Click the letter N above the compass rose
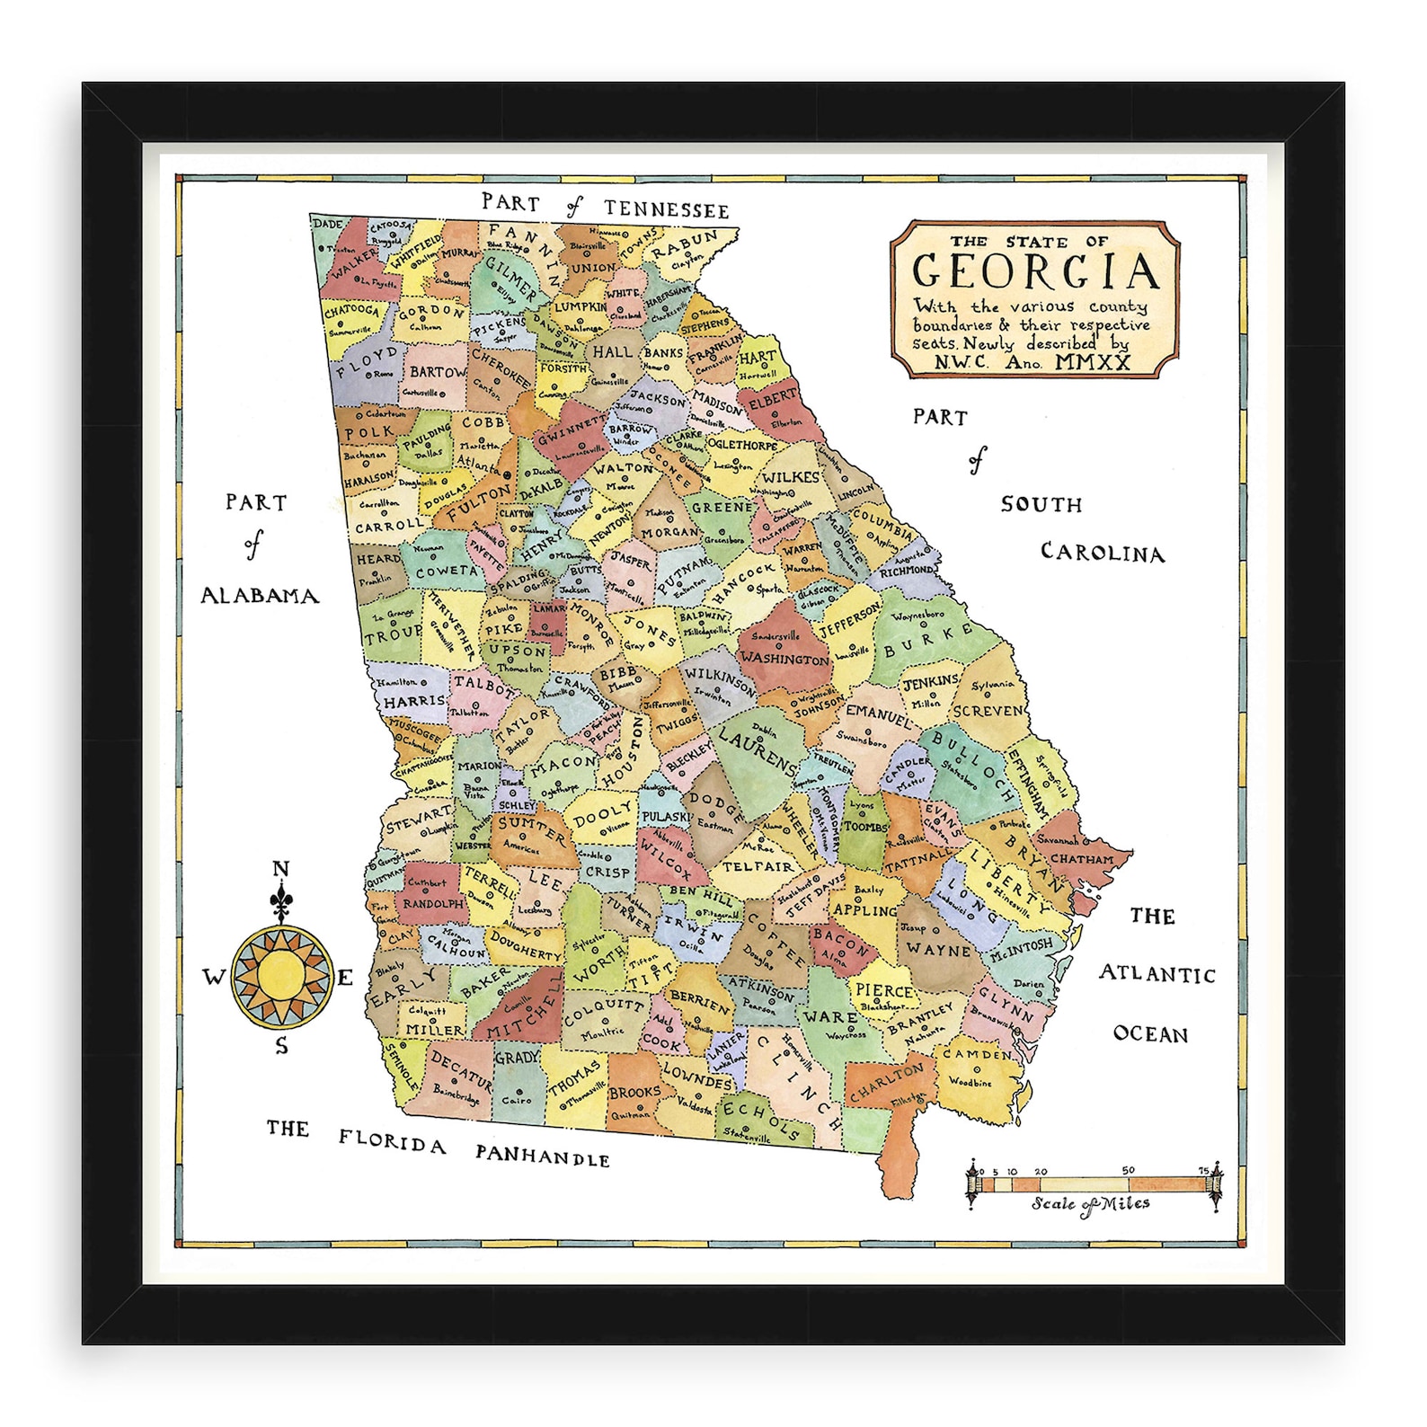coord(281,869)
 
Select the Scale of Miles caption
coord(1090,1204)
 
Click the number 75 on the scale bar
coord(1203,1170)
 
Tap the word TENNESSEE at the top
coord(666,209)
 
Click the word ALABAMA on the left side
coord(259,596)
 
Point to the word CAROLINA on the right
coord(1102,553)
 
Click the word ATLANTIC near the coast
coord(1157,974)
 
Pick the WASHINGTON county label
coord(784,659)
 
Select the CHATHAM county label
coord(1081,859)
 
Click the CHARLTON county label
coord(885,1082)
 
